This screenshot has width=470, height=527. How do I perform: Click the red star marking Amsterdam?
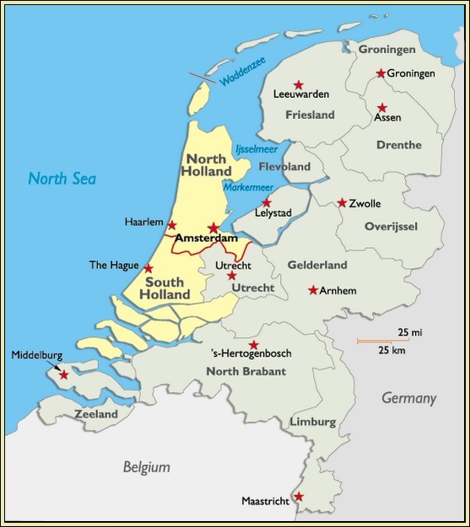(x=213, y=227)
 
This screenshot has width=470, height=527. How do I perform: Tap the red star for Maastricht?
(x=297, y=497)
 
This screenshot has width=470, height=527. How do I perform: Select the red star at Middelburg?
(x=64, y=374)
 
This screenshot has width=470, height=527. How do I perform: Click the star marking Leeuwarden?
(x=298, y=84)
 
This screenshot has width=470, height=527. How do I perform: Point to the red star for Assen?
(x=382, y=107)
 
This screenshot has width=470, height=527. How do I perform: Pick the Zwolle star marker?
(x=342, y=202)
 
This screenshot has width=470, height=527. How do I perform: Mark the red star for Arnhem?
(x=313, y=290)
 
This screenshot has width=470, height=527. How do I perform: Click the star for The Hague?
(x=149, y=268)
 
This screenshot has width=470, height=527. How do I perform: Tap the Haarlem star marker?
(x=172, y=225)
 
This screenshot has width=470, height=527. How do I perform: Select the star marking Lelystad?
(x=267, y=202)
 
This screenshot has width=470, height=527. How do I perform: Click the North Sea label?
(x=62, y=179)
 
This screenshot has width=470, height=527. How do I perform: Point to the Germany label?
(x=408, y=398)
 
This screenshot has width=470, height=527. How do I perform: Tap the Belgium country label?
(x=146, y=466)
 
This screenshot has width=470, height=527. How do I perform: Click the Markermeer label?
(x=247, y=187)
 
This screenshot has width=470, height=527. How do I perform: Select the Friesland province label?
(x=310, y=115)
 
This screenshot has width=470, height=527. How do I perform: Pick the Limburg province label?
(x=312, y=422)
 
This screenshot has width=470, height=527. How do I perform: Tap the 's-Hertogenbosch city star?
(x=253, y=344)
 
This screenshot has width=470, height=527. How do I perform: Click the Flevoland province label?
(x=284, y=167)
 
